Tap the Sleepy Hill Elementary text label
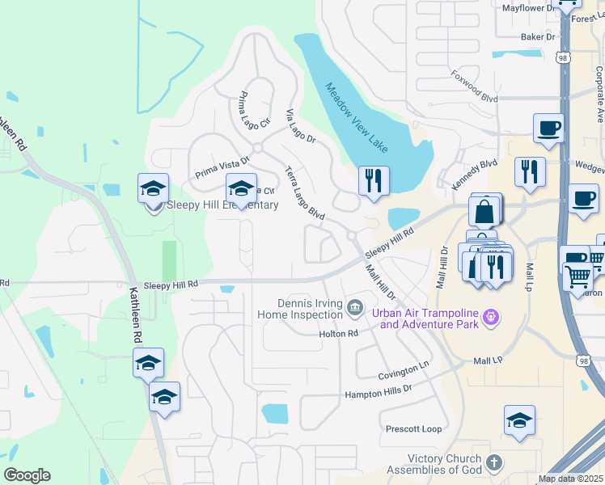[x=222, y=205]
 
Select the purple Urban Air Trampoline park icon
[x=489, y=318]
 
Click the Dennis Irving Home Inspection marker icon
[x=354, y=307]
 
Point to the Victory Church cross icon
[x=494, y=464]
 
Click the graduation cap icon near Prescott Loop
[x=519, y=420]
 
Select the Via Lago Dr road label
[x=299, y=125]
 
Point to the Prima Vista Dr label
[x=222, y=168]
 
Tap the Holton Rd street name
[x=338, y=334]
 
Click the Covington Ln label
[x=403, y=372]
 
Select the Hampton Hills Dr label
[x=379, y=390]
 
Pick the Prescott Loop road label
[x=413, y=429]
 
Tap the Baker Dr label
[x=538, y=36]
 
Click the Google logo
[x=27, y=475]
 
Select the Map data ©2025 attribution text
[x=569, y=479]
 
